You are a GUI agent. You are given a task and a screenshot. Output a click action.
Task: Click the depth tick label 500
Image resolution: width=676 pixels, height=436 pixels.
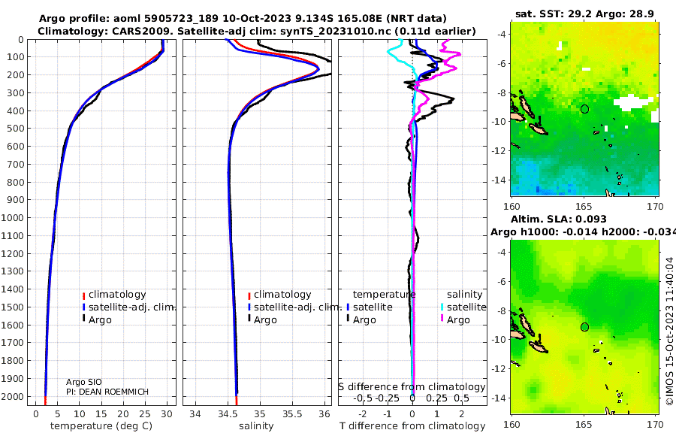(x=16, y=129)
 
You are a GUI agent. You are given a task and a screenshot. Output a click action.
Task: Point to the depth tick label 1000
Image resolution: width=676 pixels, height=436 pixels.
(x=13, y=217)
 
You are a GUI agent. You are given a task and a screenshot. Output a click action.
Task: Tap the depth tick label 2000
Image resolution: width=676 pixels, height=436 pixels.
(x=13, y=396)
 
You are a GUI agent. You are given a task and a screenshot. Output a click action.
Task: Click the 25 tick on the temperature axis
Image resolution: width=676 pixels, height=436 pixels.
(x=145, y=413)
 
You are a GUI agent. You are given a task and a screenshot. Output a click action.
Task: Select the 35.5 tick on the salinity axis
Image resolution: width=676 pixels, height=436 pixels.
(x=292, y=413)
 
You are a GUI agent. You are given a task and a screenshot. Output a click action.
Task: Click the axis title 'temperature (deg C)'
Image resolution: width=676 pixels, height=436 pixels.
(x=101, y=426)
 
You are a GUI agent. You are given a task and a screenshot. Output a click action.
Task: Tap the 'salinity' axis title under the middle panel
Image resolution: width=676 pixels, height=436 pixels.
(x=256, y=426)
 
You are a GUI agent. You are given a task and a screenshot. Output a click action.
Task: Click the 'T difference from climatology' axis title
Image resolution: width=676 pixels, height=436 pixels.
(x=412, y=426)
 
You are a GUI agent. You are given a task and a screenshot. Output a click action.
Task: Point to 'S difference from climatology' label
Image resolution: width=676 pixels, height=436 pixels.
(x=412, y=386)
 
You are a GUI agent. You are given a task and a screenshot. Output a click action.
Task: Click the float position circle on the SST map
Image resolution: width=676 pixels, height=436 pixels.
(x=584, y=109)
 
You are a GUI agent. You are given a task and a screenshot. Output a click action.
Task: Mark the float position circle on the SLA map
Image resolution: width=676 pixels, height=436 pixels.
(x=584, y=327)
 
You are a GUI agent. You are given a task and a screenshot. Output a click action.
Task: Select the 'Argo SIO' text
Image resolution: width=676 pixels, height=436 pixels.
(x=83, y=382)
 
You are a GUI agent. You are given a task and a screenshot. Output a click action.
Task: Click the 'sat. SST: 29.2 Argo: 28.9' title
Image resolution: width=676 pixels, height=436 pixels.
(x=584, y=14)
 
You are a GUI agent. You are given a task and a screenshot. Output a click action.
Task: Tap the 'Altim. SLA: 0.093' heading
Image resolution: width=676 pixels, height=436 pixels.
(x=559, y=220)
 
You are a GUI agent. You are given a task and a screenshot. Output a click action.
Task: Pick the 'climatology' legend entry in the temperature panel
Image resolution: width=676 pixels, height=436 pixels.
(x=117, y=295)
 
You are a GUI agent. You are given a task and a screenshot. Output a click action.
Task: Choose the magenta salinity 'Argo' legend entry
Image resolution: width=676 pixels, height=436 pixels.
(x=458, y=320)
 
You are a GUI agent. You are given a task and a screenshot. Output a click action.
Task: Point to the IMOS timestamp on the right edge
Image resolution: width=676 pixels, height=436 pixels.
(x=669, y=331)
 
